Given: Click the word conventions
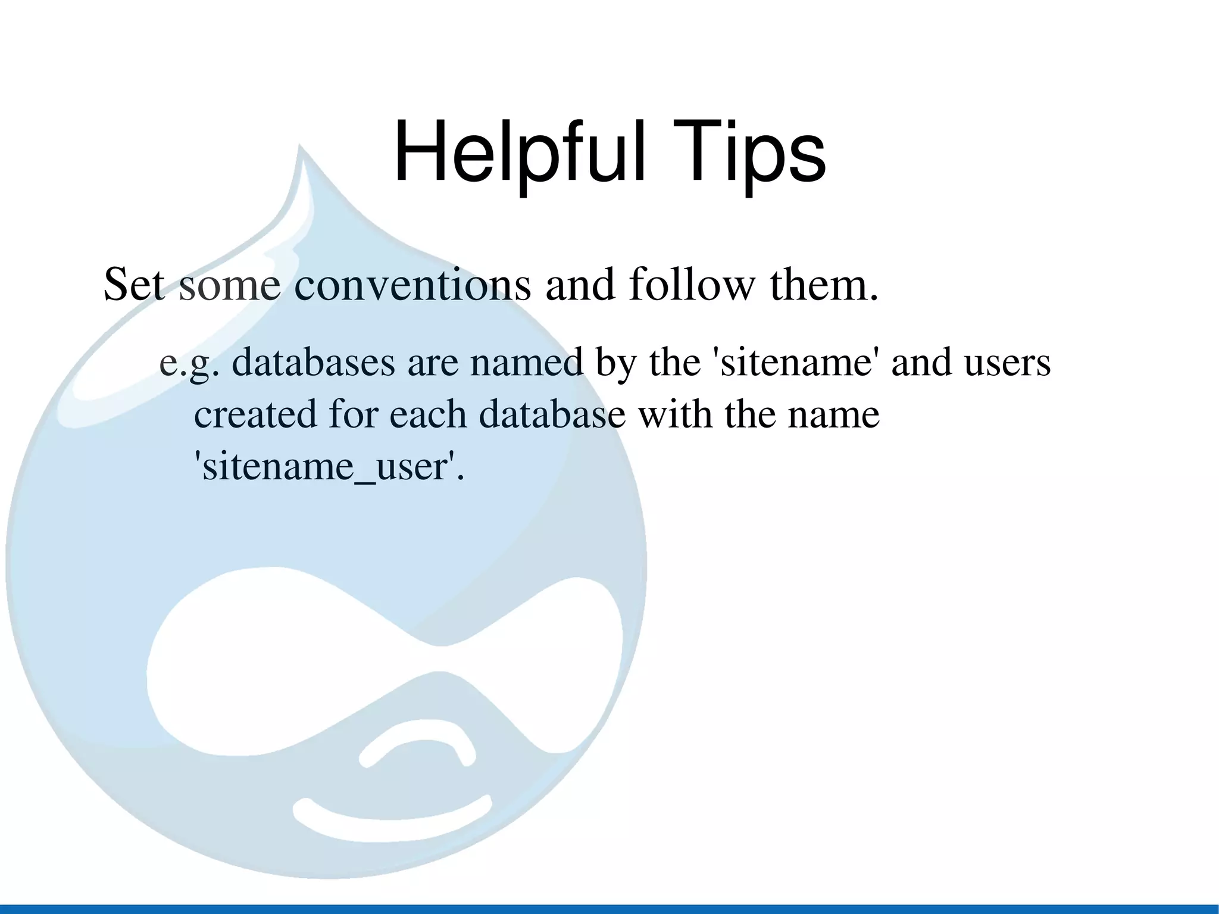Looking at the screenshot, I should pos(412,285).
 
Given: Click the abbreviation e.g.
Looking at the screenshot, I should pos(189,363).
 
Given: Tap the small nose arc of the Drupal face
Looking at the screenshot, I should pos(417,747).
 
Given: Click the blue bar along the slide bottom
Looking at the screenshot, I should pos(609,909).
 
